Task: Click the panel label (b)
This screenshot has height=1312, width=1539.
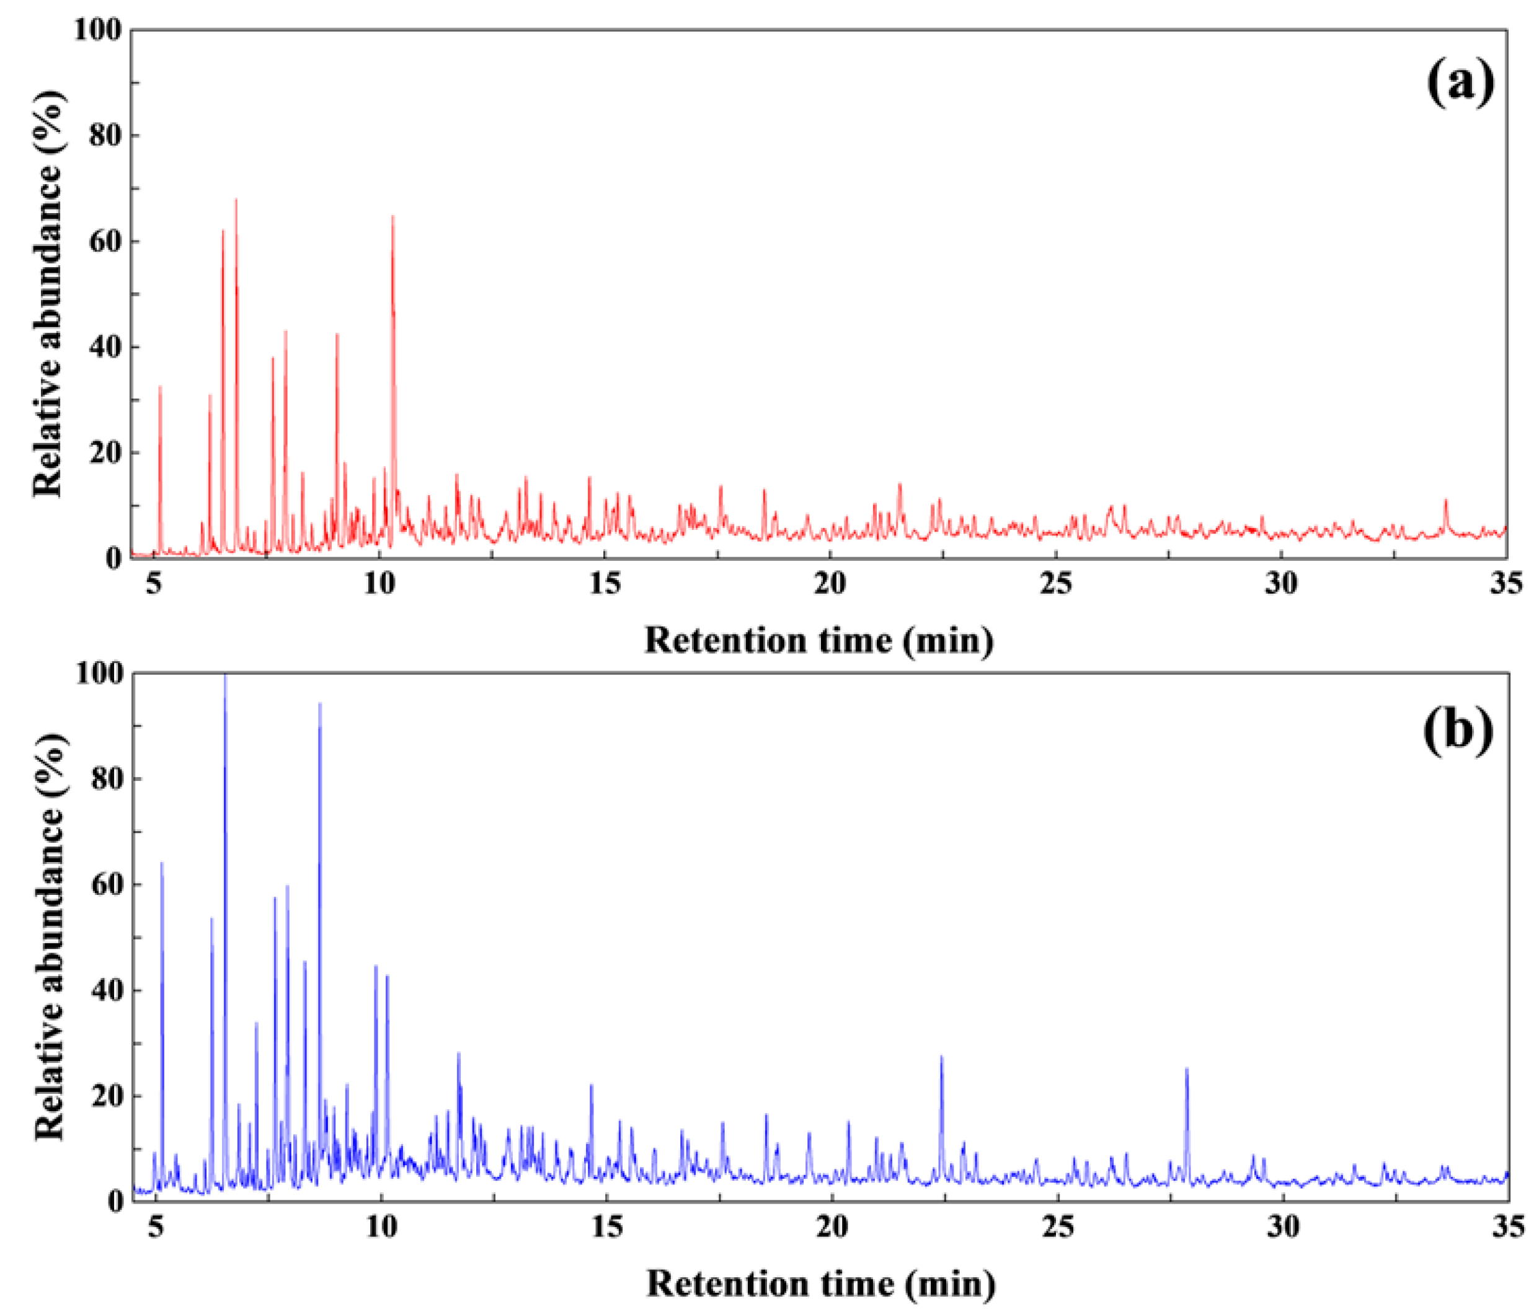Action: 1457,730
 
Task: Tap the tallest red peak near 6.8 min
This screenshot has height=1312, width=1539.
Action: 236,200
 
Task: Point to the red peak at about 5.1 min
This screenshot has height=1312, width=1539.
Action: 160,387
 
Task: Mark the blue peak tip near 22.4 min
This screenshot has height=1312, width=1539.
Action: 941,1058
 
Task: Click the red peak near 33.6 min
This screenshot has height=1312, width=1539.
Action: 1445,501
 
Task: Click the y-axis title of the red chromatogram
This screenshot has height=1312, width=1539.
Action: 48,293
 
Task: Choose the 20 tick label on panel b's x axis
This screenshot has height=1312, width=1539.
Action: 832,1226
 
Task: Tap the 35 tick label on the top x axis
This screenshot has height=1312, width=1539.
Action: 1506,584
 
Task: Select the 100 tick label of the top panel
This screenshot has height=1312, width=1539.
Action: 97,30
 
